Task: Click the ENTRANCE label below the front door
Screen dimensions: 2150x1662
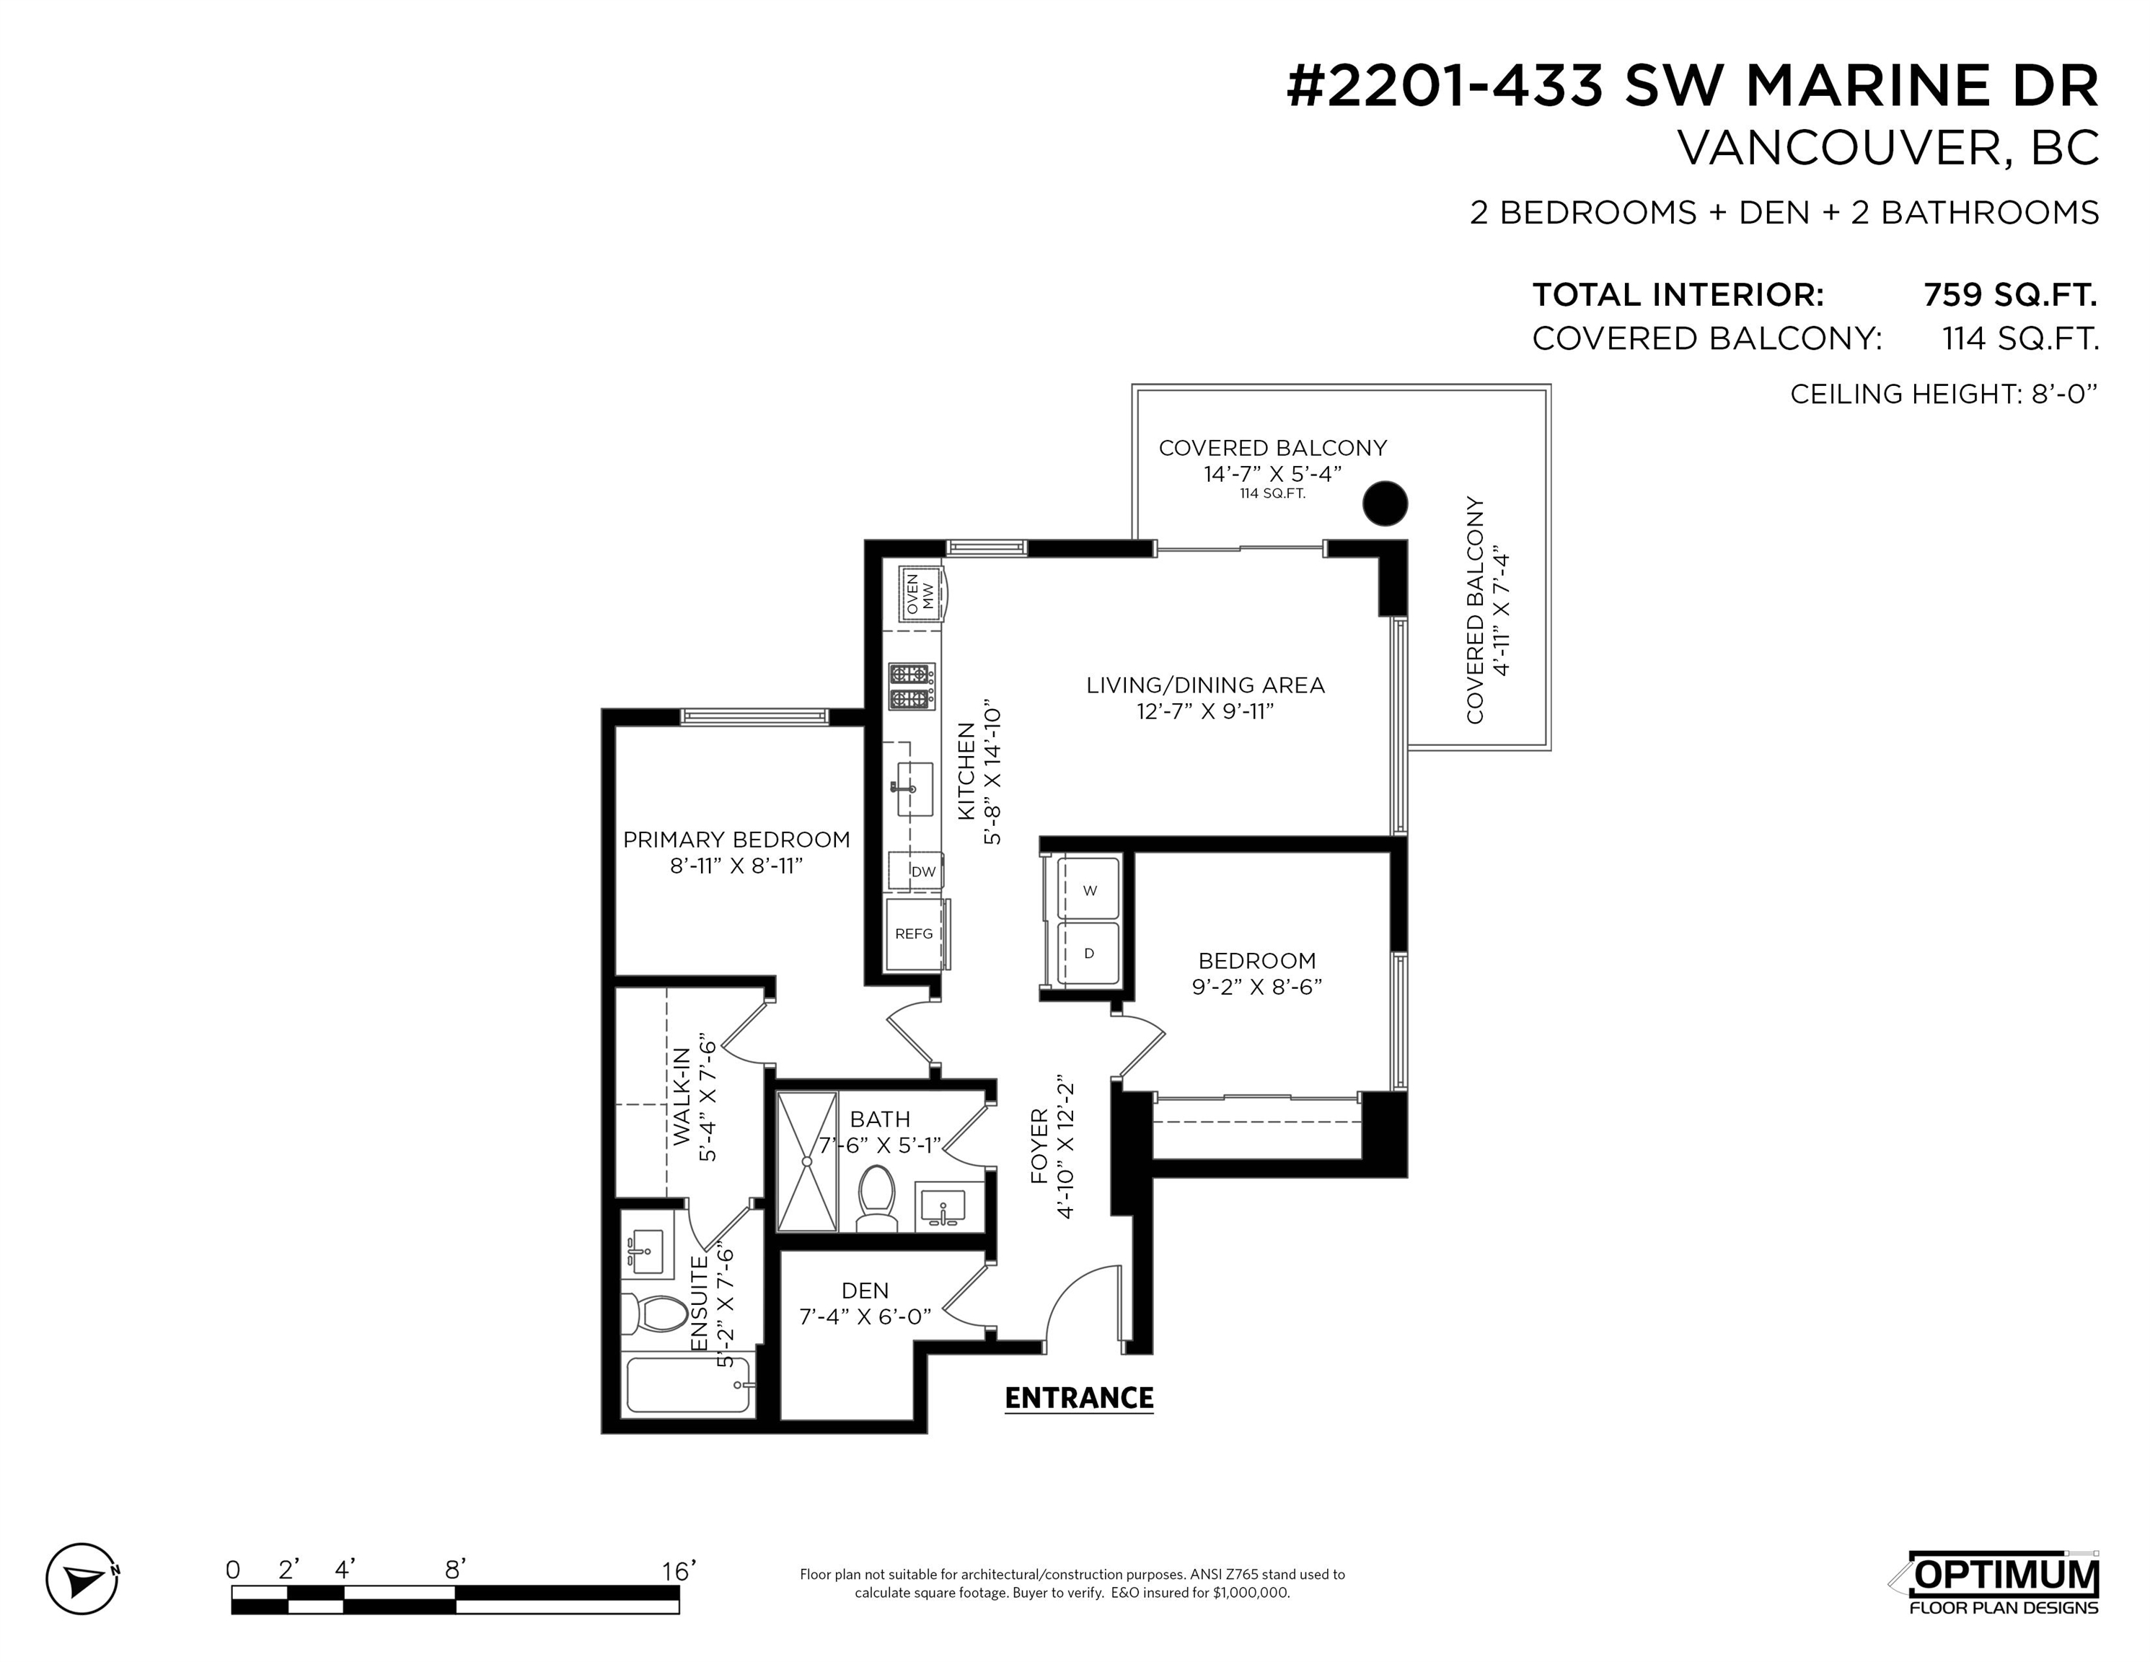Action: point(1079,1398)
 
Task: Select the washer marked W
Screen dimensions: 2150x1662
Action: point(1089,889)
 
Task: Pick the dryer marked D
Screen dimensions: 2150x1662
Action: point(1089,953)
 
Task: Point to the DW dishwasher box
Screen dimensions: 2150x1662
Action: point(917,871)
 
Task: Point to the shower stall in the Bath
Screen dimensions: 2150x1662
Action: point(806,1161)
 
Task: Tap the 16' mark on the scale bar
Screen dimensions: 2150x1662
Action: point(678,1570)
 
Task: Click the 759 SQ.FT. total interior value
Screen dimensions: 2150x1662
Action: point(2009,294)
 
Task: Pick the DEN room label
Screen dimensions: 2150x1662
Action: point(865,1290)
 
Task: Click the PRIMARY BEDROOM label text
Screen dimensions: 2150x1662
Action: point(736,840)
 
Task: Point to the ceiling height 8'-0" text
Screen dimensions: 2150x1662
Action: point(1943,394)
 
